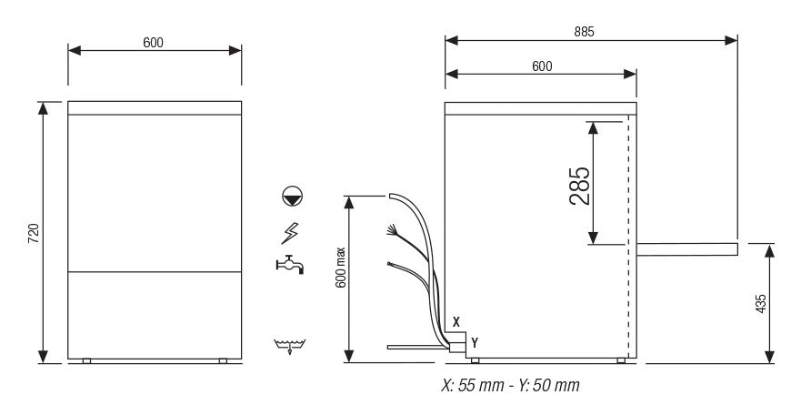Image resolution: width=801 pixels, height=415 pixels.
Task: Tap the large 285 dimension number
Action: pyautogui.click(x=580, y=186)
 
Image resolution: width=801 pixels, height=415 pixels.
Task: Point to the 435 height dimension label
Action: pyautogui.click(x=760, y=304)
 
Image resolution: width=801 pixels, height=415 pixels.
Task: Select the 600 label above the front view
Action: pyautogui.click(x=153, y=43)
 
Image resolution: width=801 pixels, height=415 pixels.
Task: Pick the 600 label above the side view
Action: pyautogui.click(x=542, y=66)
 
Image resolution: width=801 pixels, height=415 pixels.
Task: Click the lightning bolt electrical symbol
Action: pyautogui.click(x=290, y=233)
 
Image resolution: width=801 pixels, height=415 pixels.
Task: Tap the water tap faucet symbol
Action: pyautogui.click(x=289, y=265)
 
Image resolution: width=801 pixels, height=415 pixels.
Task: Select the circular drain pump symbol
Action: pyautogui.click(x=291, y=196)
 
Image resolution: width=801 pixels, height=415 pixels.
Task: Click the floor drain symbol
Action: pyautogui.click(x=289, y=346)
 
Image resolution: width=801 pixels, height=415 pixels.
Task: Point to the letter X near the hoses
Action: pyautogui.click(x=456, y=322)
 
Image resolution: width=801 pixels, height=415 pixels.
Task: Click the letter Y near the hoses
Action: pyautogui.click(x=475, y=341)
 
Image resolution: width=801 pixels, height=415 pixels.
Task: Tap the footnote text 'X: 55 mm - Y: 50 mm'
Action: pyautogui.click(x=509, y=386)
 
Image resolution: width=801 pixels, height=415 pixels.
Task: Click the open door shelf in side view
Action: pyautogui.click(x=686, y=248)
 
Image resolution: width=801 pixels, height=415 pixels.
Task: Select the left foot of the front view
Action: pyautogui.click(x=86, y=361)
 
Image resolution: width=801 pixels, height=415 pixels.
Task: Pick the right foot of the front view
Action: pyautogui.click(x=223, y=361)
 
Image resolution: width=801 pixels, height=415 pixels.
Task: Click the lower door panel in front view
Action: pyautogui.click(x=155, y=315)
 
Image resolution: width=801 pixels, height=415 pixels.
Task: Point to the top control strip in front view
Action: pyautogui.click(x=155, y=107)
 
